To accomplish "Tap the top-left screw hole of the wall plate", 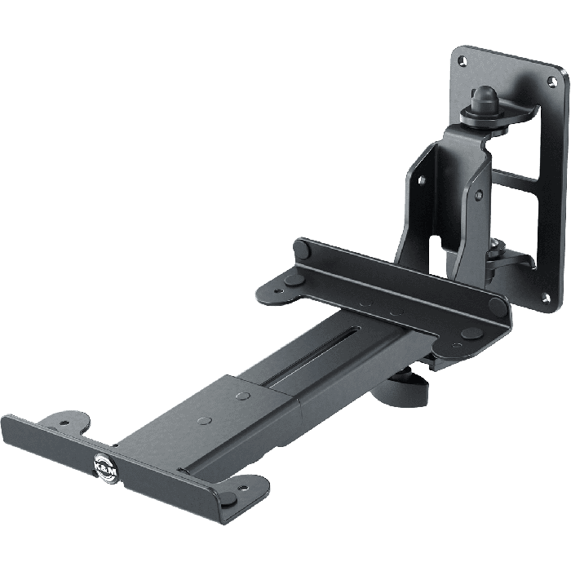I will pos(463,60).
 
